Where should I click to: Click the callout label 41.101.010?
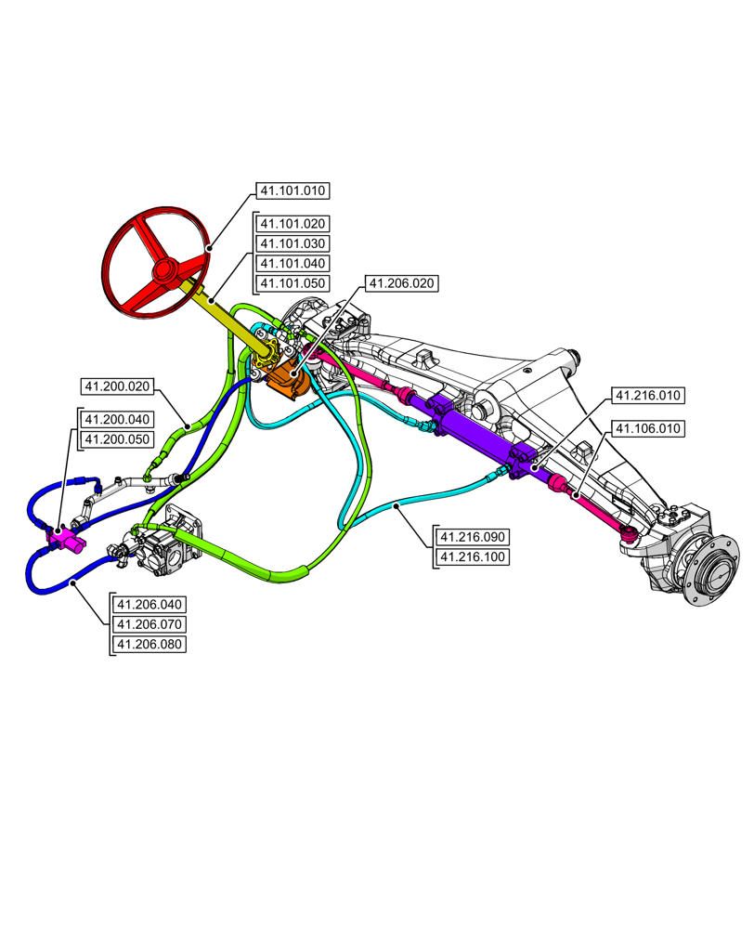292,191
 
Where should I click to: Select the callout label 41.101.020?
292,224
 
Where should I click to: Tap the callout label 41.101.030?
292,243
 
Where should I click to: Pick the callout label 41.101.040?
292,264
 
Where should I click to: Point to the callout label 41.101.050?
292,283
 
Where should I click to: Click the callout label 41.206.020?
401,283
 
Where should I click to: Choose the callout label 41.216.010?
646,396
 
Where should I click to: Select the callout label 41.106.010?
646,428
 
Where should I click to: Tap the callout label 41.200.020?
118,386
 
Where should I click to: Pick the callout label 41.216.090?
474,537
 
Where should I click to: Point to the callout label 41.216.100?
474,557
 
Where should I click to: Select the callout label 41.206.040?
149,604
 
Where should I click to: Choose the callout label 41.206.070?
149,623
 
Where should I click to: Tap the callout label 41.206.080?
149,644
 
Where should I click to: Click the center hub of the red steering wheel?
167,270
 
